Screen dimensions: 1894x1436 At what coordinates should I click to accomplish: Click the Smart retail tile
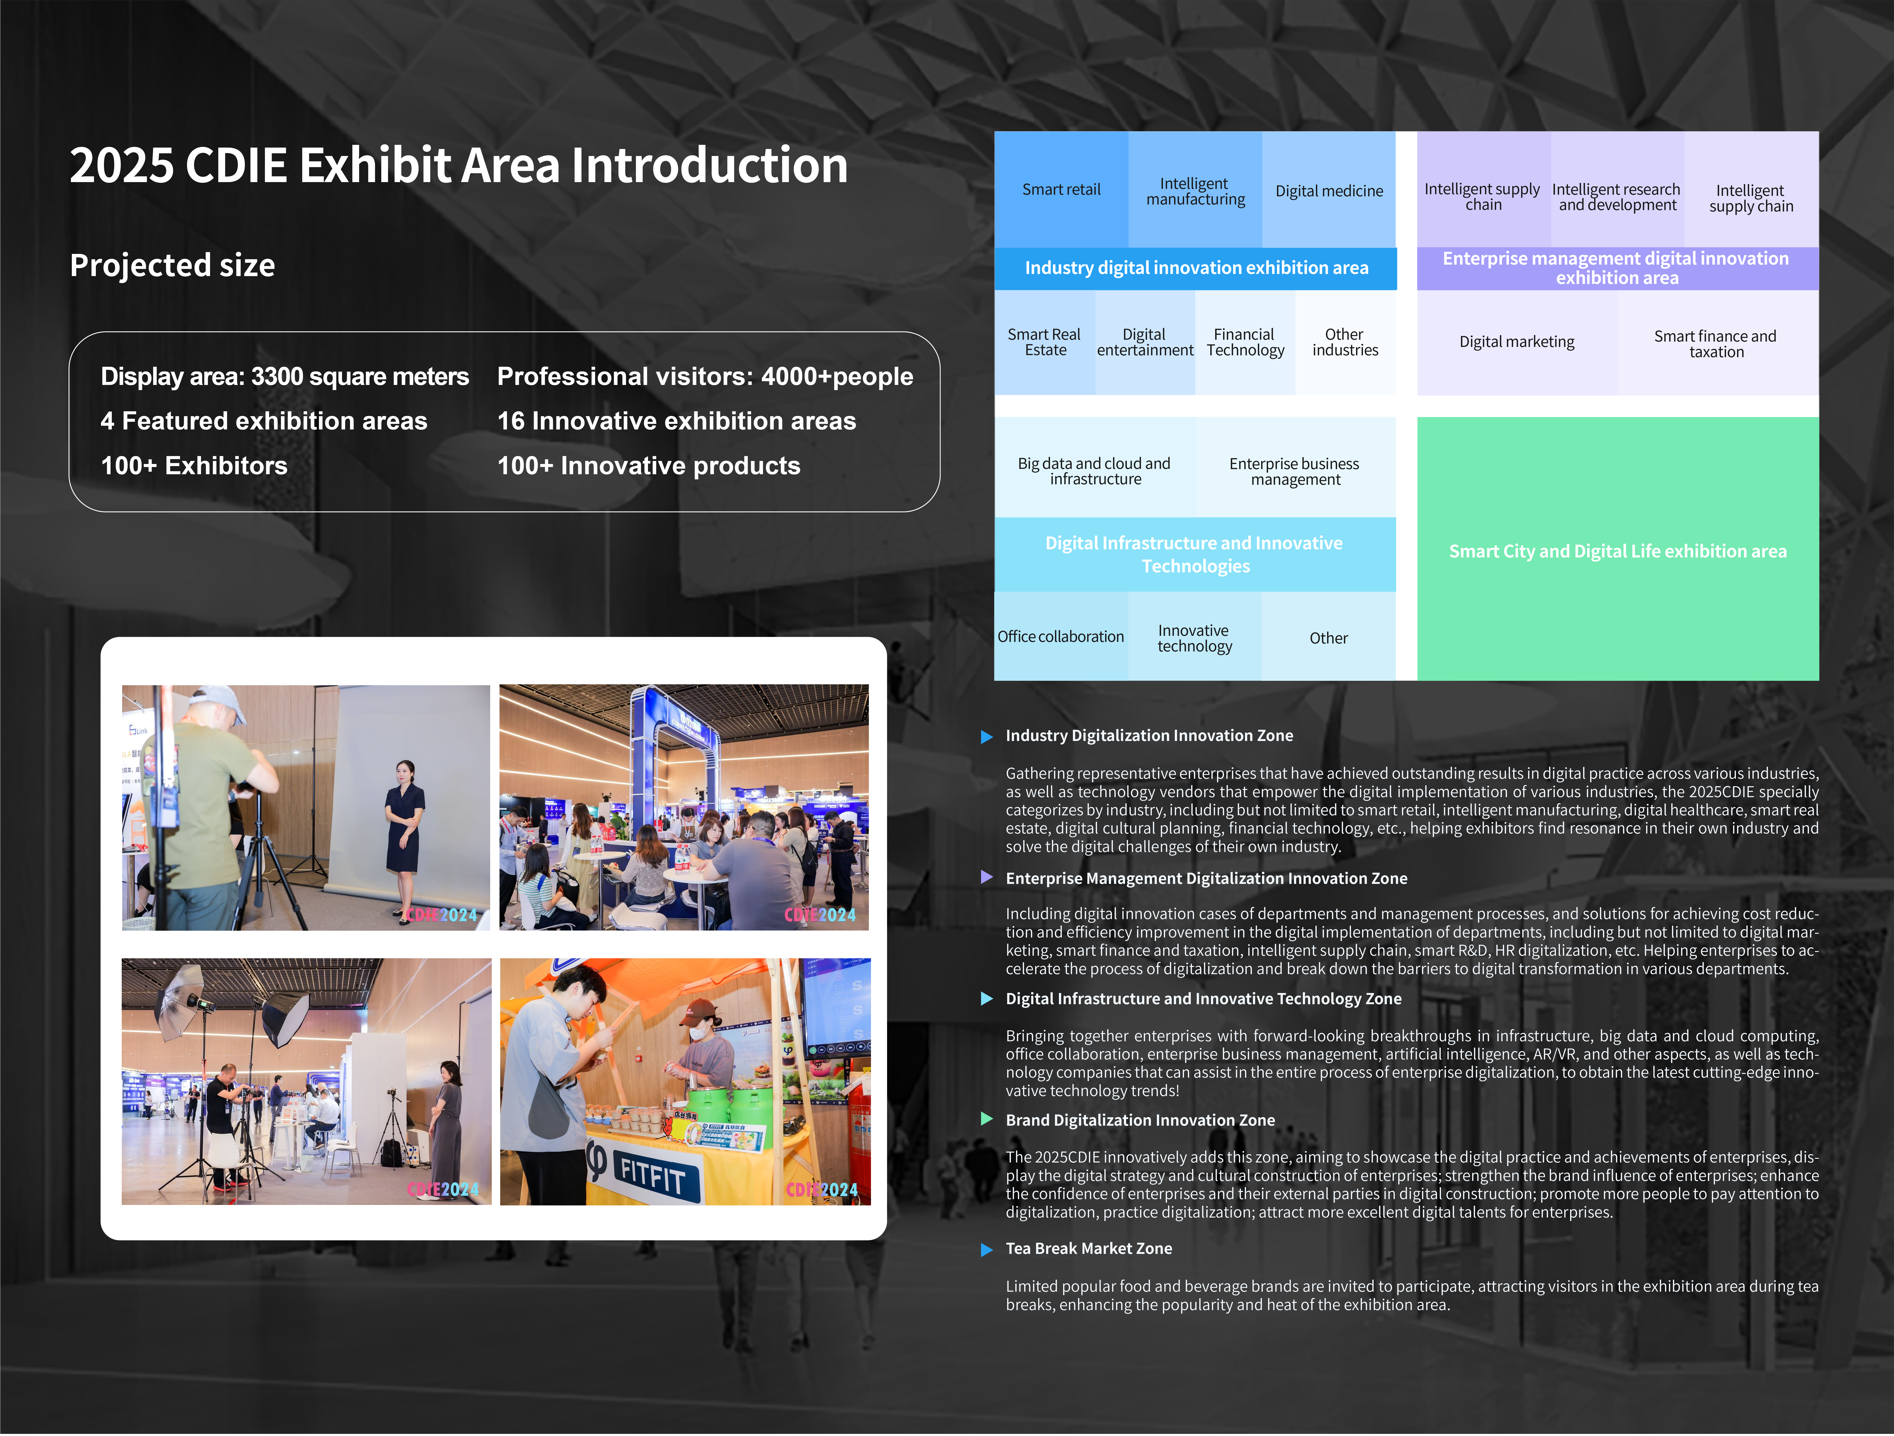(1061, 189)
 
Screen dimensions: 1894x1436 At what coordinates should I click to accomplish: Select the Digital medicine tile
(1329, 189)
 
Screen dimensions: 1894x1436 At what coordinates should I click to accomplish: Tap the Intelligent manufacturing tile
(1195, 189)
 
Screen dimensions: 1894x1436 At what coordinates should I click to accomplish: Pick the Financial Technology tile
(1245, 343)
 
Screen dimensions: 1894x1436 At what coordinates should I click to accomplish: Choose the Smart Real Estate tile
(1045, 343)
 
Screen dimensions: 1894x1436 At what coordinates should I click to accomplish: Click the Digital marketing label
(1516, 342)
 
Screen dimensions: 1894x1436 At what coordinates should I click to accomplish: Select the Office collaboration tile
(1061, 636)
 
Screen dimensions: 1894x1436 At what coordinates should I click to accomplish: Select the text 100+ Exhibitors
(194, 466)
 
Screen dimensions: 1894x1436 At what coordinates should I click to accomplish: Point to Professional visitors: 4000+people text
(706, 377)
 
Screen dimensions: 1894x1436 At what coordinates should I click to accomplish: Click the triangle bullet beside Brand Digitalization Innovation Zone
(986, 1119)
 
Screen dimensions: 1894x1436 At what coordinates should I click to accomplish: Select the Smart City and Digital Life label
(1617, 551)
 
